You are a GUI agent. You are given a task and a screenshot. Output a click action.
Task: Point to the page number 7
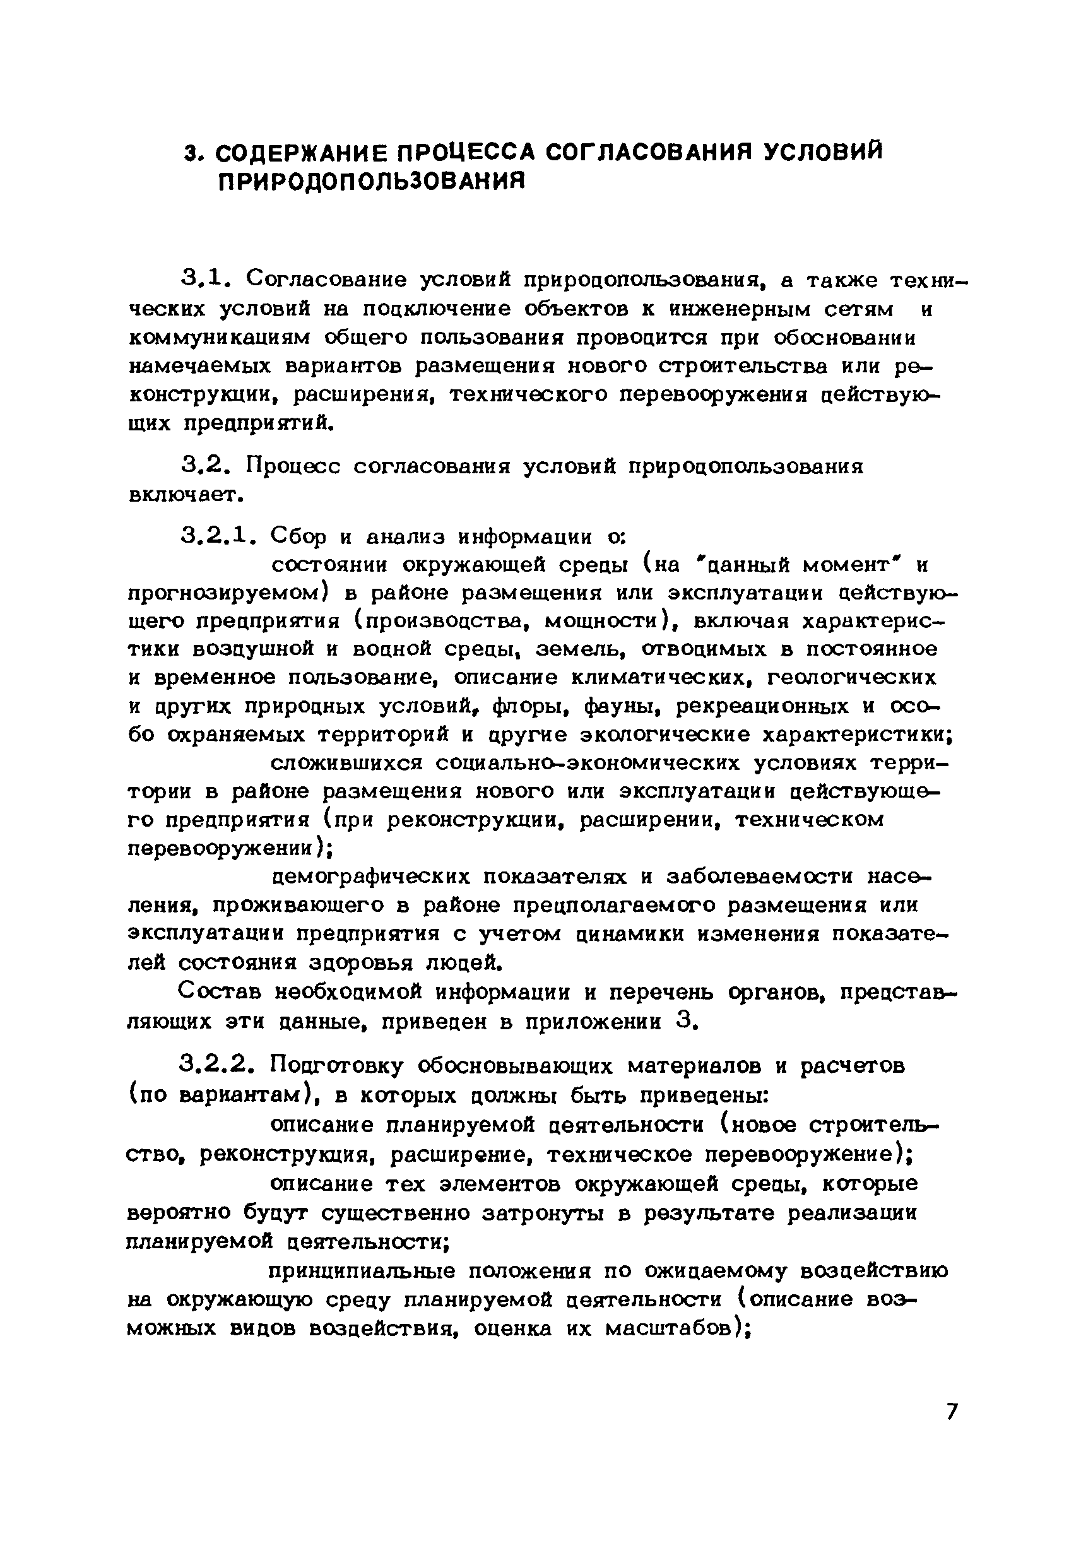pos(952,1412)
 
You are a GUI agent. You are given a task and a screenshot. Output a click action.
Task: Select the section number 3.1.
pos(204,278)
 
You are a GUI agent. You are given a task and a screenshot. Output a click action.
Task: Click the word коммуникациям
pos(219,337)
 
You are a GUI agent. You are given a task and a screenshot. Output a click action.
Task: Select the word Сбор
pos(298,538)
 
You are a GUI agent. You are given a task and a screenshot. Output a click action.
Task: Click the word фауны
pos(619,706)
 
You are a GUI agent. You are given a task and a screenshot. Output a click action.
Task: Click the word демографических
pos(370,877)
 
